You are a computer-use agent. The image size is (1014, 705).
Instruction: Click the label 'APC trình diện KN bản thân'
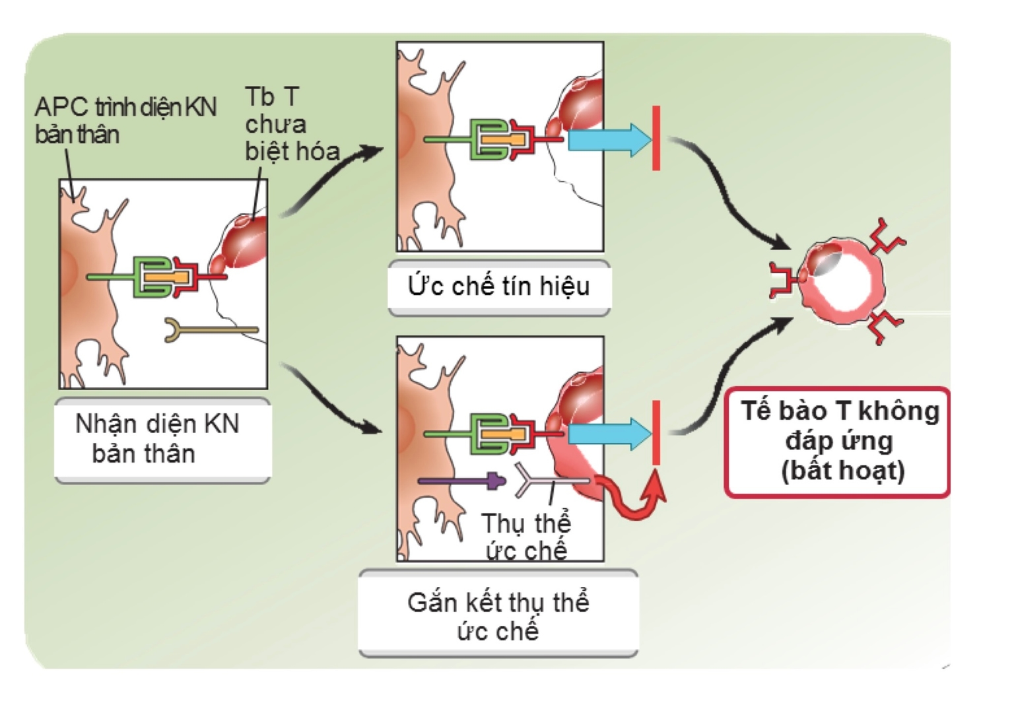[x=125, y=120]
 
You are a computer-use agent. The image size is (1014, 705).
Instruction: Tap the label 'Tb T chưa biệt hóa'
[x=290, y=124]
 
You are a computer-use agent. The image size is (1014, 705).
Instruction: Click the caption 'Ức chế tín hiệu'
[x=498, y=286]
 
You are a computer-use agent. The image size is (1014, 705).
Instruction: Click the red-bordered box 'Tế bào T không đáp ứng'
[x=838, y=441]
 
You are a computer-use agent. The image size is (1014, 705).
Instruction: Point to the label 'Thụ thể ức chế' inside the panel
[x=526, y=536]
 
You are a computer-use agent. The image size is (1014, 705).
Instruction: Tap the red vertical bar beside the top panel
[x=656, y=138]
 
